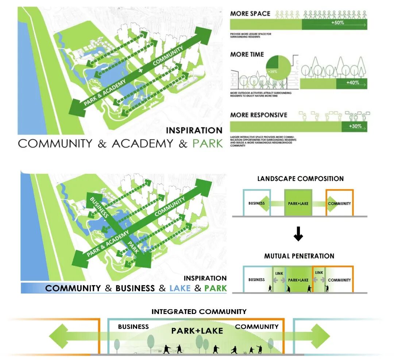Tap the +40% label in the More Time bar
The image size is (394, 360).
pyautogui.click(x=352, y=83)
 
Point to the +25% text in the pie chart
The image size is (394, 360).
pyautogui.click(x=272, y=72)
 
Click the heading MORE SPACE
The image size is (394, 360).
pyautogui.click(x=250, y=14)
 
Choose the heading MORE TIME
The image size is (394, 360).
pyautogui.click(x=247, y=54)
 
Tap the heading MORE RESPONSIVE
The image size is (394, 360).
pyautogui.click(x=259, y=115)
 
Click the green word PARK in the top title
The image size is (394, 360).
pyautogui.click(x=208, y=143)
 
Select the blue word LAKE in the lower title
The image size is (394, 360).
pyautogui.click(x=180, y=288)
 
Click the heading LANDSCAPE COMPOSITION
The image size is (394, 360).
pyautogui.click(x=301, y=179)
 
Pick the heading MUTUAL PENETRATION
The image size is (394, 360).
pyautogui.click(x=299, y=256)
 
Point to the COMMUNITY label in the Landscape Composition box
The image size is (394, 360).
pyautogui.click(x=339, y=203)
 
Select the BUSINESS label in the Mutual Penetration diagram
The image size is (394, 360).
pyautogui.click(x=256, y=280)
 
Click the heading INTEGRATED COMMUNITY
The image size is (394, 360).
pyautogui.click(x=199, y=312)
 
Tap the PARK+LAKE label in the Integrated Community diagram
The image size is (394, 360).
pyautogui.click(x=197, y=331)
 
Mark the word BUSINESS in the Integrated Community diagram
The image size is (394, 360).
pyautogui.click(x=134, y=327)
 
